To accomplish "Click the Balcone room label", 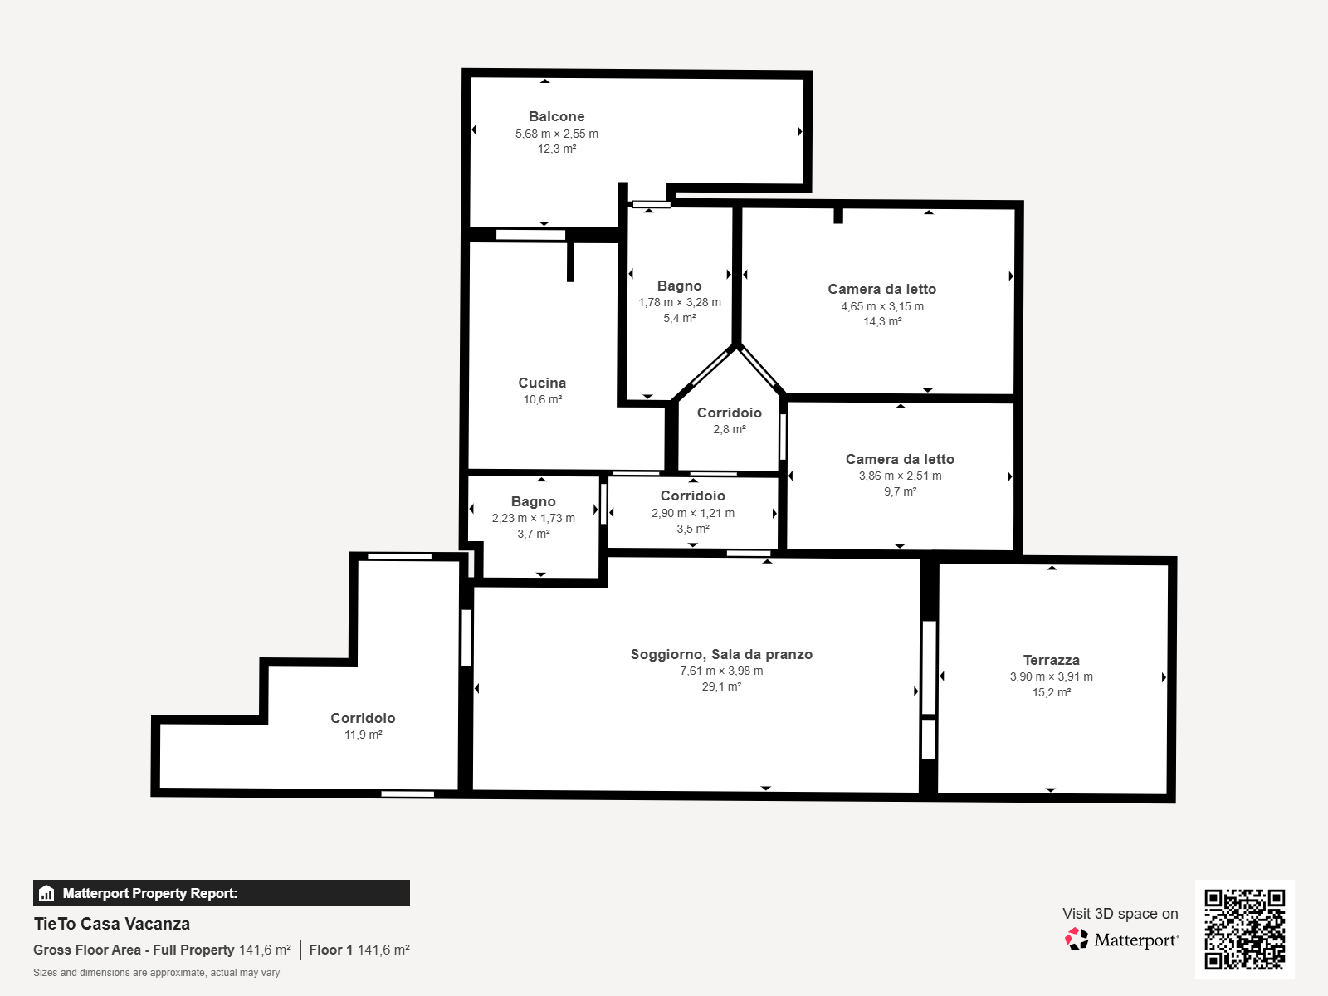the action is coord(556,116).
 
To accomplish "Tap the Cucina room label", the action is coord(542,383).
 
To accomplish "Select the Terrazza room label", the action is coord(1051,660).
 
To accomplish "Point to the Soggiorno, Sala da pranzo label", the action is coord(721,654).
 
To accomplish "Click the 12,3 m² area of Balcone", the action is coord(557,149).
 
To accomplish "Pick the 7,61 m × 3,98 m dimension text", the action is coord(721,671).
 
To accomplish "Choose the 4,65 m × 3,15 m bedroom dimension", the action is coord(882,306).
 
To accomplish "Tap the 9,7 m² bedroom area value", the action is coord(900,491).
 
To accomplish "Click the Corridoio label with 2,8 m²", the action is coord(729,413).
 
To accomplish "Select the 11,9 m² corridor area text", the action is coord(363,735).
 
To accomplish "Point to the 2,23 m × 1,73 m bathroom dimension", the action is coord(533,518).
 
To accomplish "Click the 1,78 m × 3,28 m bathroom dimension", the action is coord(680,302).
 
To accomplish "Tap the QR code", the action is coord(1244,929).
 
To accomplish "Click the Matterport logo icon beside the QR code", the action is coord(1077,940).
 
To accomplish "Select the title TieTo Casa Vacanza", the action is coord(112,924).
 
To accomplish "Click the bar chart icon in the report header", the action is coord(46,893).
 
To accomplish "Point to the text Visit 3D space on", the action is coord(1120,914).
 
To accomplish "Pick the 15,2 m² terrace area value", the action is coord(1051,692).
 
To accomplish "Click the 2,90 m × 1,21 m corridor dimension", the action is coord(693,514).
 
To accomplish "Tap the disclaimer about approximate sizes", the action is coord(156,973).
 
